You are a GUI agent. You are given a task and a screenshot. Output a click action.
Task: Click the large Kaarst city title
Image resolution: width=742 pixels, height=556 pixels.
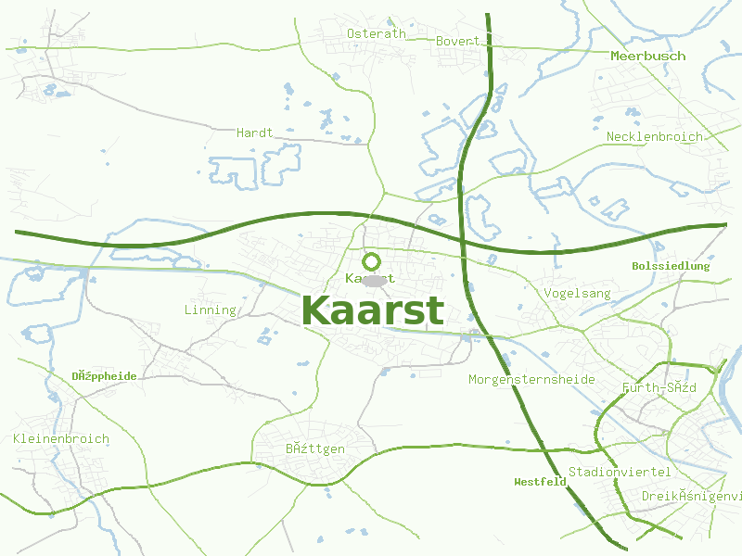pos(373,311)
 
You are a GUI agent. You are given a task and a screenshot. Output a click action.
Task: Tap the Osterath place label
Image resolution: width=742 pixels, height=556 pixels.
pos(376,34)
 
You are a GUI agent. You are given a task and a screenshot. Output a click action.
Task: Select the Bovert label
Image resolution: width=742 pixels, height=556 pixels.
pos(457,41)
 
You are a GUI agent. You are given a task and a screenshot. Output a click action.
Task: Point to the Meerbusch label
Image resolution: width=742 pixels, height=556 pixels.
pos(647,57)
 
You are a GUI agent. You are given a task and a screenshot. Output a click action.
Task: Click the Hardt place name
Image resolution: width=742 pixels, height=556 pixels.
pos(254,133)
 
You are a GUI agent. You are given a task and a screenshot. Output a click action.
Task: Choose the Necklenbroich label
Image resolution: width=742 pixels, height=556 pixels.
pos(654,137)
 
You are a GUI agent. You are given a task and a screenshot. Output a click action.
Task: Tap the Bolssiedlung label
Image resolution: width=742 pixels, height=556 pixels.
pos(670,266)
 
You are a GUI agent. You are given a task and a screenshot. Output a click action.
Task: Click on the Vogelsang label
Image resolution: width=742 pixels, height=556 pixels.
pos(578,294)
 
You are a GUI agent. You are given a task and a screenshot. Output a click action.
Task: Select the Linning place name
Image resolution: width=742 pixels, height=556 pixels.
pos(211,310)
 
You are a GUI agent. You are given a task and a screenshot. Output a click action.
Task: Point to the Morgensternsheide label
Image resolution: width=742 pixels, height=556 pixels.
pos(531,380)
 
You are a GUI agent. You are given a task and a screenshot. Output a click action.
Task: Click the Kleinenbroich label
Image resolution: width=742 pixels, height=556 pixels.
pos(61,439)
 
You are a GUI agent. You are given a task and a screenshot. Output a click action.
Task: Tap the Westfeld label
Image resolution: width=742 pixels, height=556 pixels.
pos(540,482)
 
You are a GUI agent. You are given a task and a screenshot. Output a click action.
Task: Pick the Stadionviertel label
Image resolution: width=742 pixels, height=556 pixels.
pos(619,473)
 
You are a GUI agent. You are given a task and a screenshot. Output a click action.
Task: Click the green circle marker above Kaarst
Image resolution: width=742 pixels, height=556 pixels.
pos(372,261)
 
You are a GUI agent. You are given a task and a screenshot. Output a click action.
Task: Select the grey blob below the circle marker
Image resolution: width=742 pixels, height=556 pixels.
pos(374,280)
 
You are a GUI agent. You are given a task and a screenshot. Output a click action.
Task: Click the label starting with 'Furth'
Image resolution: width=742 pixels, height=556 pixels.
pos(659,387)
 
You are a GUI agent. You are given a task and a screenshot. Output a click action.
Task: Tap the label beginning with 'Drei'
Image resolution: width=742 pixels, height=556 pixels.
pos(691,497)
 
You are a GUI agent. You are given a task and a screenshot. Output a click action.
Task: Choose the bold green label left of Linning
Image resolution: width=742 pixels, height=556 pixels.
pos(104,376)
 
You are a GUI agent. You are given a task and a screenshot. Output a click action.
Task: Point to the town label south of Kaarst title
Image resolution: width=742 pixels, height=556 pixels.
pos(315,449)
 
